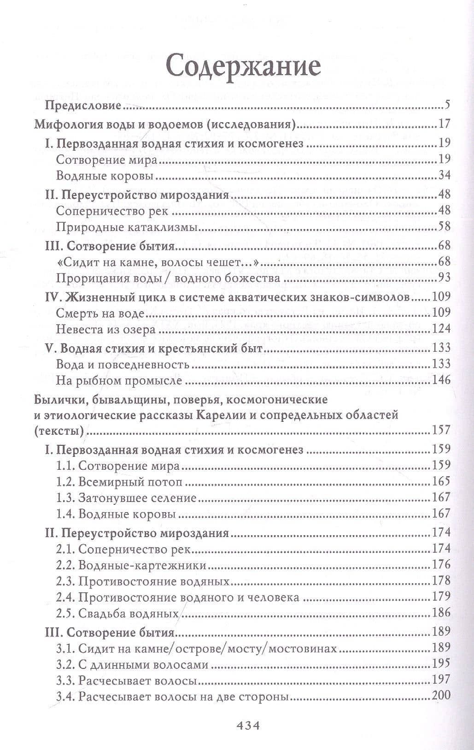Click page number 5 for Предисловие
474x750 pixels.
click(x=447, y=106)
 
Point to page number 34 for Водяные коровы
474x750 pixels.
click(x=444, y=176)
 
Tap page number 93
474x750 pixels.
click(x=444, y=278)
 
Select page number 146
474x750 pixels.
click(x=441, y=381)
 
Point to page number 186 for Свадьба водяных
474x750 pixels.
click(x=441, y=614)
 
